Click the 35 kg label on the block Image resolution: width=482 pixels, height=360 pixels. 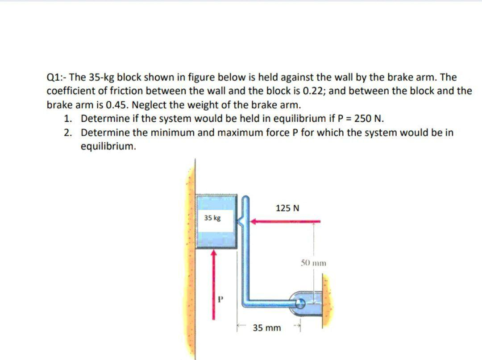coord(212,218)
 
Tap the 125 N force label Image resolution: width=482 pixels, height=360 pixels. coord(287,208)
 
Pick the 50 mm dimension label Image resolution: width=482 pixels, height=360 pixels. coord(313,263)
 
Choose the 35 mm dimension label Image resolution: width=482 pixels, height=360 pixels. coord(267,328)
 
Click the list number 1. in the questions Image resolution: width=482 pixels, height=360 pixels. coord(67,119)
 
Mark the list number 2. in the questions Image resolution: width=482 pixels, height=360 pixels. coord(67,132)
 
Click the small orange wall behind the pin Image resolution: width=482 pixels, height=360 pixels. coord(328,295)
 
